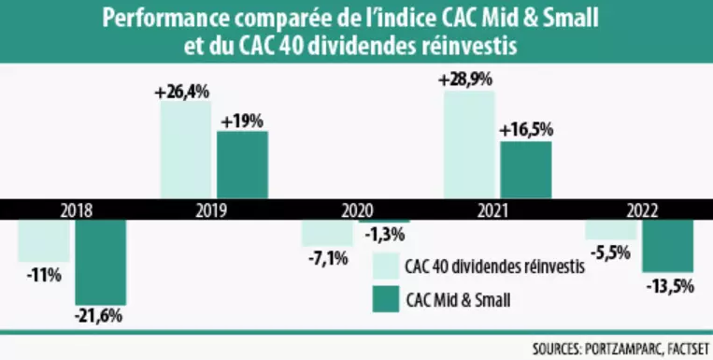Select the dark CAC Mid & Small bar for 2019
pos(242,165)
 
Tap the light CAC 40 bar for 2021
pos(469,145)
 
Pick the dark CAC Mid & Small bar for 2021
pos(525,169)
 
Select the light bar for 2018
pos(44,240)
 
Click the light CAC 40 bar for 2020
pos(327,232)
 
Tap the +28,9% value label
pos(465,80)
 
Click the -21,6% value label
pos(99,318)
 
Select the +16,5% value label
pos(525,130)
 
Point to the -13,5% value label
pos(669,286)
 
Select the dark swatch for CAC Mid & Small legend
pos(385,298)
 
